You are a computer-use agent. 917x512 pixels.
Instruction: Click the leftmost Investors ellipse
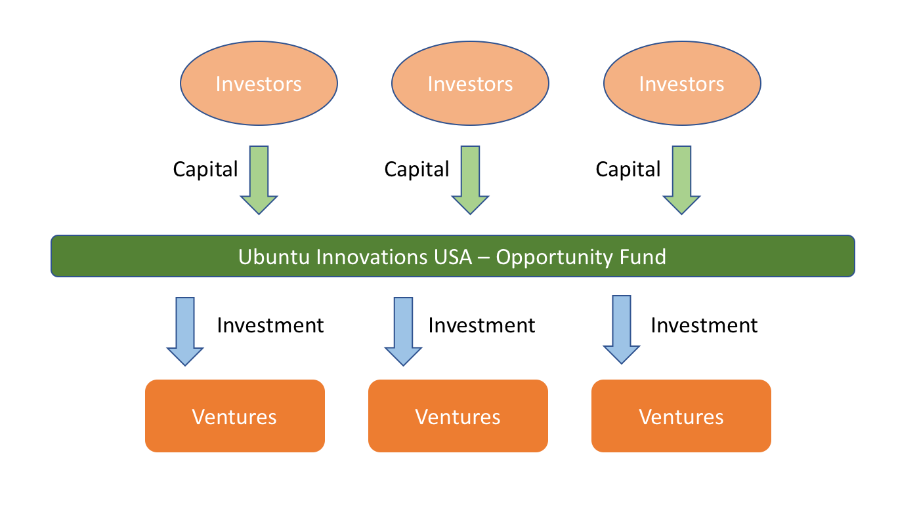pyautogui.click(x=259, y=84)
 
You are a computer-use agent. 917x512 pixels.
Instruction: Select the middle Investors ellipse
pyautogui.click(x=470, y=84)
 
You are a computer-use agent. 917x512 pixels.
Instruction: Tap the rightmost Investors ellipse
pyautogui.click(x=682, y=84)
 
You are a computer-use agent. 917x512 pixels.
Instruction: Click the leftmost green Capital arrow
pyautogui.click(x=259, y=180)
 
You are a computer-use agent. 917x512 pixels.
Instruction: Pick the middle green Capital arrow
pyautogui.click(x=470, y=180)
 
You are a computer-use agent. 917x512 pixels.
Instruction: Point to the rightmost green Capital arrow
pyautogui.click(x=682, y=180)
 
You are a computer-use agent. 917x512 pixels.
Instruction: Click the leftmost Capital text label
pyautogui.click(x=205, y=170)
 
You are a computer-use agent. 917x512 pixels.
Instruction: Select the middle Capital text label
pyautogui.click(x=417, y=170)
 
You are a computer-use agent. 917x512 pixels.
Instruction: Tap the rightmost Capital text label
pyautogui.click(x=628, y=170)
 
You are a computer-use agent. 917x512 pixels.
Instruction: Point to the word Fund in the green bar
pyautogui.click(x=643, y=256)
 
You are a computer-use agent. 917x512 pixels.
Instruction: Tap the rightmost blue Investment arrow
pyautogui.click(x=622, y=330)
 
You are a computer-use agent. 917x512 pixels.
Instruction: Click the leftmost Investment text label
pyautogui.click(x=270, y=326)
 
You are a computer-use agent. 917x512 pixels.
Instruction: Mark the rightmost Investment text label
pyautogui.click(x=704, y=326)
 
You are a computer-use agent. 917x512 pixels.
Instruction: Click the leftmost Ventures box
pyautogui.click(x=235, y=416)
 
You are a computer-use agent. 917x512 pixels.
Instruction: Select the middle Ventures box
pyautogui.click(x=458, y=416)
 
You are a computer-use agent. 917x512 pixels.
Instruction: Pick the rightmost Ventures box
pyautogui.click(x=681, y=416)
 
